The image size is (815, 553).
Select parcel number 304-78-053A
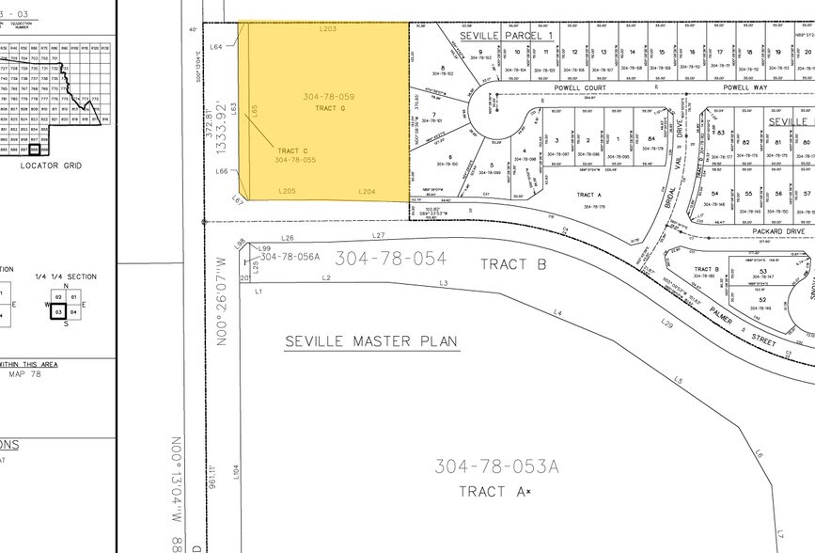coord(497,465)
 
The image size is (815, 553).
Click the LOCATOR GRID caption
coord(53,166)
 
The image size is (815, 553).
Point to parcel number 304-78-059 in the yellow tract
coord(328,97)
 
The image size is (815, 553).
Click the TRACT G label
coord(331,109)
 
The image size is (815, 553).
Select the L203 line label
coord(328,28)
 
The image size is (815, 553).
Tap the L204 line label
coord(368,191)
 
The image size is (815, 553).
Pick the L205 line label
coord(288,191)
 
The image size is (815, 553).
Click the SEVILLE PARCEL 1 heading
coord(507,35)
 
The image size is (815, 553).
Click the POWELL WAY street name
coord(745,87)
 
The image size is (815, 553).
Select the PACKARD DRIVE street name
coord(778,230)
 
